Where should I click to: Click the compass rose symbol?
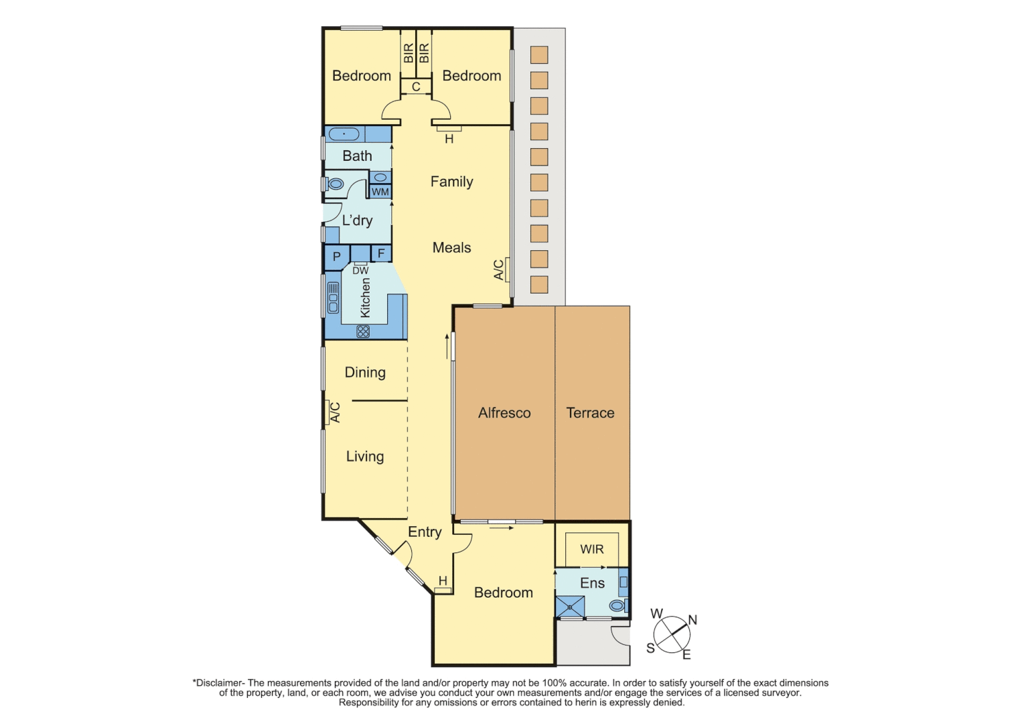click(672, 635)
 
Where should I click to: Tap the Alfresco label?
click(504, 413)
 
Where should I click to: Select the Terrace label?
click(590, 413)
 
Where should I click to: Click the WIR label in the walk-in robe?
click(591, 549)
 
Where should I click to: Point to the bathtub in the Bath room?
click(344, 134)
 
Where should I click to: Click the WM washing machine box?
click(380, 192)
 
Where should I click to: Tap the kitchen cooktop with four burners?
click(363, 331)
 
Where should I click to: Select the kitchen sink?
click(333, 298)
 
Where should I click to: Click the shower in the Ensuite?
click(570, 607)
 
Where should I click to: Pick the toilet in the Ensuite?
click(617, 606)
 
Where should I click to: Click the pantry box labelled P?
click(337, 257)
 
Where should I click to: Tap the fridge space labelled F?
click(381, 253)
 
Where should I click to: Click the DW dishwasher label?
click(360, 271)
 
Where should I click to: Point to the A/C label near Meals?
click(499, 269)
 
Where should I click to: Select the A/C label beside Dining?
click(336, 412)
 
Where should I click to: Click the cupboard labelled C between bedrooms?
click(416, 86)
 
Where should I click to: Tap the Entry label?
click(425, 532)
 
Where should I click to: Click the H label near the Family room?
click(449, 139)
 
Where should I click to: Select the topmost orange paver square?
click(539, 55)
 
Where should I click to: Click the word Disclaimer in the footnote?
click(220, 683)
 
